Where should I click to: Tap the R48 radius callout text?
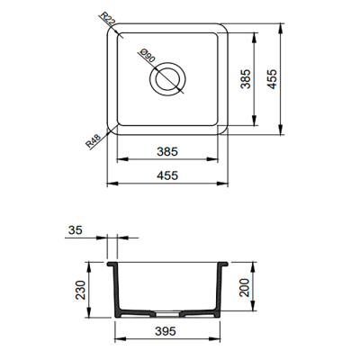92,142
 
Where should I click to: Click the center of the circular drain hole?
167,80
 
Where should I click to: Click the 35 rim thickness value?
74,232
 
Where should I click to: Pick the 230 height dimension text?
78,290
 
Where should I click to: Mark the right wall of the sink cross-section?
221,288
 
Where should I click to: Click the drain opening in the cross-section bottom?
167,315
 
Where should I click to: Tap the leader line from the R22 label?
112,29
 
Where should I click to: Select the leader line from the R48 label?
103,136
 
